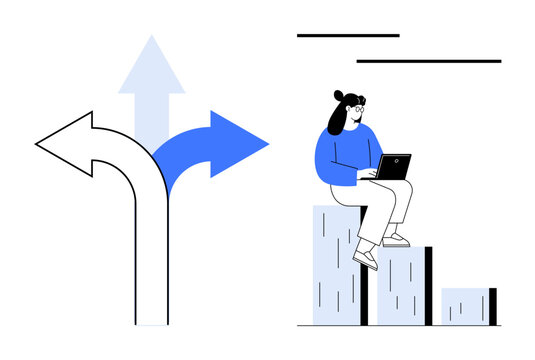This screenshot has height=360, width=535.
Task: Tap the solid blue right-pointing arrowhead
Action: coord(240,144)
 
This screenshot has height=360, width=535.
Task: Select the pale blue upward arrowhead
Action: coord(152,68)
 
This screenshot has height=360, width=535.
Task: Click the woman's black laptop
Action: coord(393,167)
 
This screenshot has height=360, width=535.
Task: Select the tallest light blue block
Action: coord(335,270)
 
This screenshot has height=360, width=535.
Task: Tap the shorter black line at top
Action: coord(348,35)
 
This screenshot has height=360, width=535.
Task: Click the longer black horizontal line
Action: coord(429,61)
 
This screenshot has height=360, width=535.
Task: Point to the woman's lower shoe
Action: coord(365,259)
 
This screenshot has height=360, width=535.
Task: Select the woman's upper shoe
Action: coord(396,240)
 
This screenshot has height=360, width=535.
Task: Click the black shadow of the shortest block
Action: coord(492,306)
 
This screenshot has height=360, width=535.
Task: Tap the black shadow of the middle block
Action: coord(428,286)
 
